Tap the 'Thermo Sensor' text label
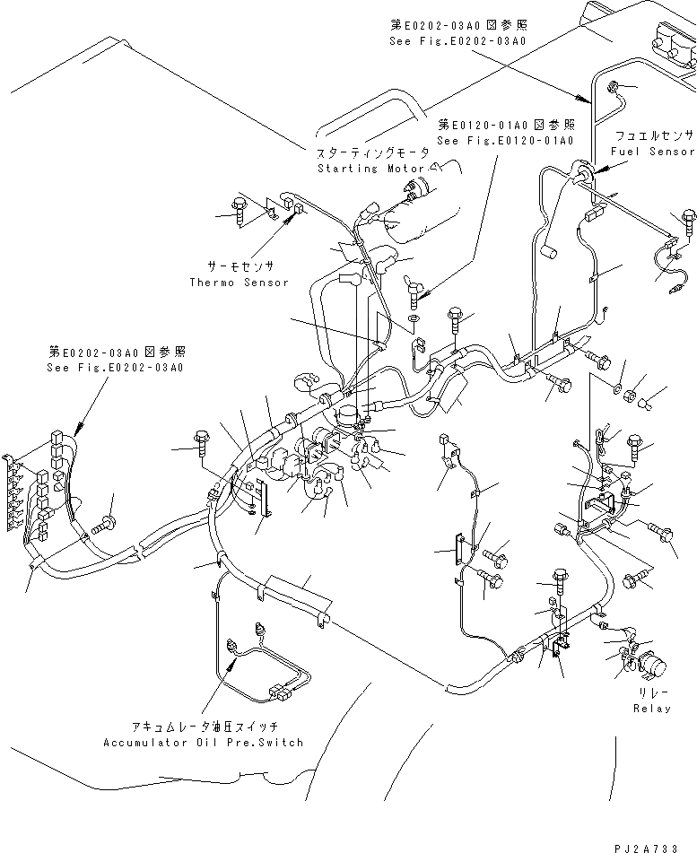(x=240, y=283)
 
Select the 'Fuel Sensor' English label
(x=652, y=152)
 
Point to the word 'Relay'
(x=650, y=709)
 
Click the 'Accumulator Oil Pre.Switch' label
(x=203, y=742)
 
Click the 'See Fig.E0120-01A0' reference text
(x=505, y=141)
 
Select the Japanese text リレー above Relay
(x=651, y=694)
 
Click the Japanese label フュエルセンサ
(x=654, y=135)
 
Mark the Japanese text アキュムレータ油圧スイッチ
(x=202, y=727)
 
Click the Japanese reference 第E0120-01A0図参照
(x=505, y=125)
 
